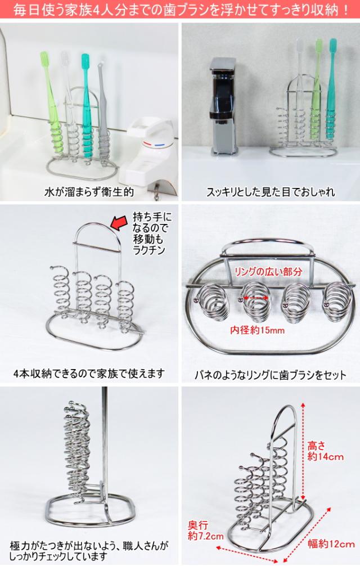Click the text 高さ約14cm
[x=326, y=451]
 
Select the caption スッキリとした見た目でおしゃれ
[x=270, y=192]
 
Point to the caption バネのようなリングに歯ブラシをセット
[x=271, y=374]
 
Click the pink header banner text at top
[x=180, y=10]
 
